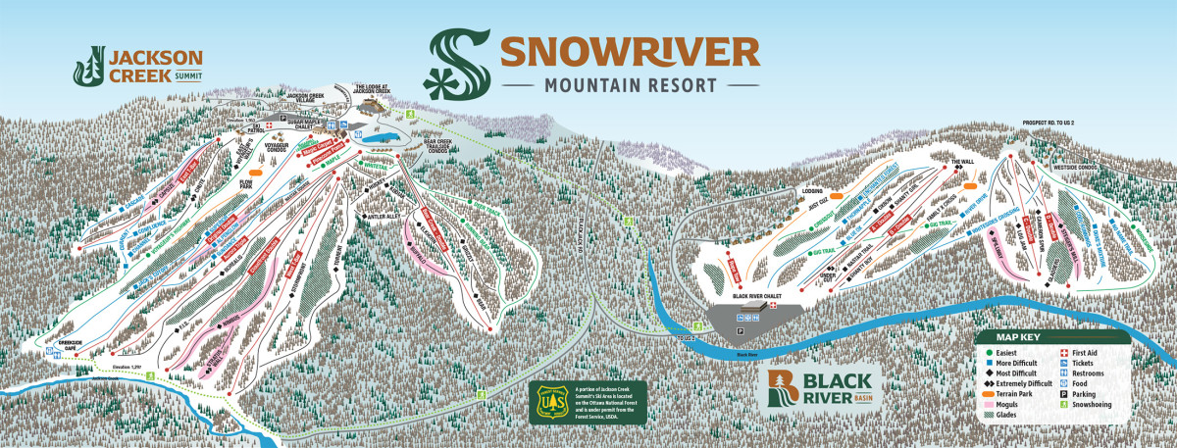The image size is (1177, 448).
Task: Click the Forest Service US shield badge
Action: [555, 402]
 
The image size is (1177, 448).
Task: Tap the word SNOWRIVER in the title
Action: [630, 51]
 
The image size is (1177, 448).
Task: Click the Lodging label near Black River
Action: [812, 190]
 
